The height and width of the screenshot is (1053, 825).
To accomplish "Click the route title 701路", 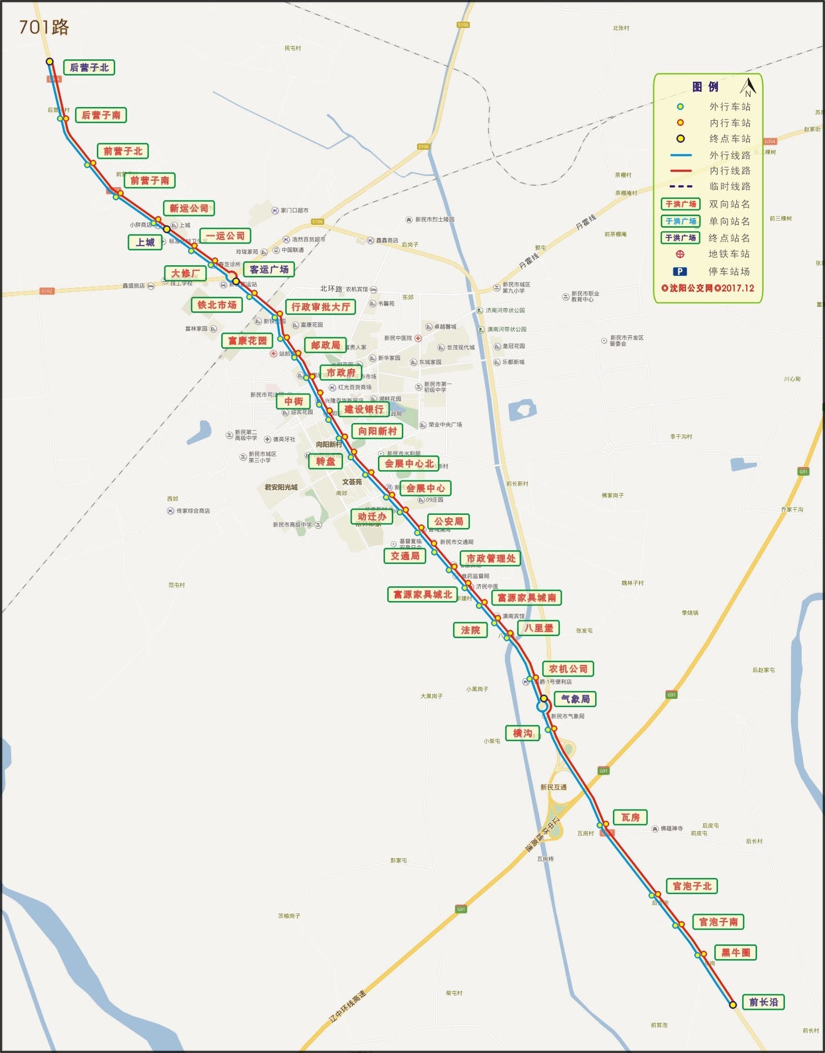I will tap(44, 27).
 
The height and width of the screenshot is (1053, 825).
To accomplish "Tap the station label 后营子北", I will tap(89, 67).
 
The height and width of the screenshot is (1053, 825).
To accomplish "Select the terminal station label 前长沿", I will tap(763, 1002).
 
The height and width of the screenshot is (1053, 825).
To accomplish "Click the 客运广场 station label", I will tap(269, 269).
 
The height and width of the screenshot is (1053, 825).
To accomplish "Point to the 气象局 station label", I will tap(575, 699).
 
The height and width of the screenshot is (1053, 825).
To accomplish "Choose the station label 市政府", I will tap(340, 372).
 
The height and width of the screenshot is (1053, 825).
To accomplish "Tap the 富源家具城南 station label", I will tap(527, 598).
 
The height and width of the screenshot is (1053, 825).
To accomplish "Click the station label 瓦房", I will tap(630, 817).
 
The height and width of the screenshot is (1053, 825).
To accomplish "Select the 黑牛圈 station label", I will tap(735, 952).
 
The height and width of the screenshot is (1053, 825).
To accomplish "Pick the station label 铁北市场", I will tap(217, 305).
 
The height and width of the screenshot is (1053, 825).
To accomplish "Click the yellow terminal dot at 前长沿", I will tap(733, 1004).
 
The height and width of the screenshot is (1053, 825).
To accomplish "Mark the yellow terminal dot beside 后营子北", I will tap(50, 61).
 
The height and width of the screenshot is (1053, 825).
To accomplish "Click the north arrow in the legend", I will tap(747, 87).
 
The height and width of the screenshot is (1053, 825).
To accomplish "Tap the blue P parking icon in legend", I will tap(680, 271).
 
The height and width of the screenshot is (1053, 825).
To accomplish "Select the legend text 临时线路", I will tap(730, 186).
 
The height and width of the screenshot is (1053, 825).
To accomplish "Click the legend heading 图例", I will tap(705, 87).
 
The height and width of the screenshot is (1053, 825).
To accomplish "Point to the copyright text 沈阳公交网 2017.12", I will tap(708, 288).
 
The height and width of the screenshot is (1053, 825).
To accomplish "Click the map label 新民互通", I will tap(553, 787).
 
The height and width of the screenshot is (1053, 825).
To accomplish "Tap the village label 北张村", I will tap(621, 28).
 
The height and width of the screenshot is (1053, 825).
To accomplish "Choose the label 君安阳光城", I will tap(281, 487).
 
